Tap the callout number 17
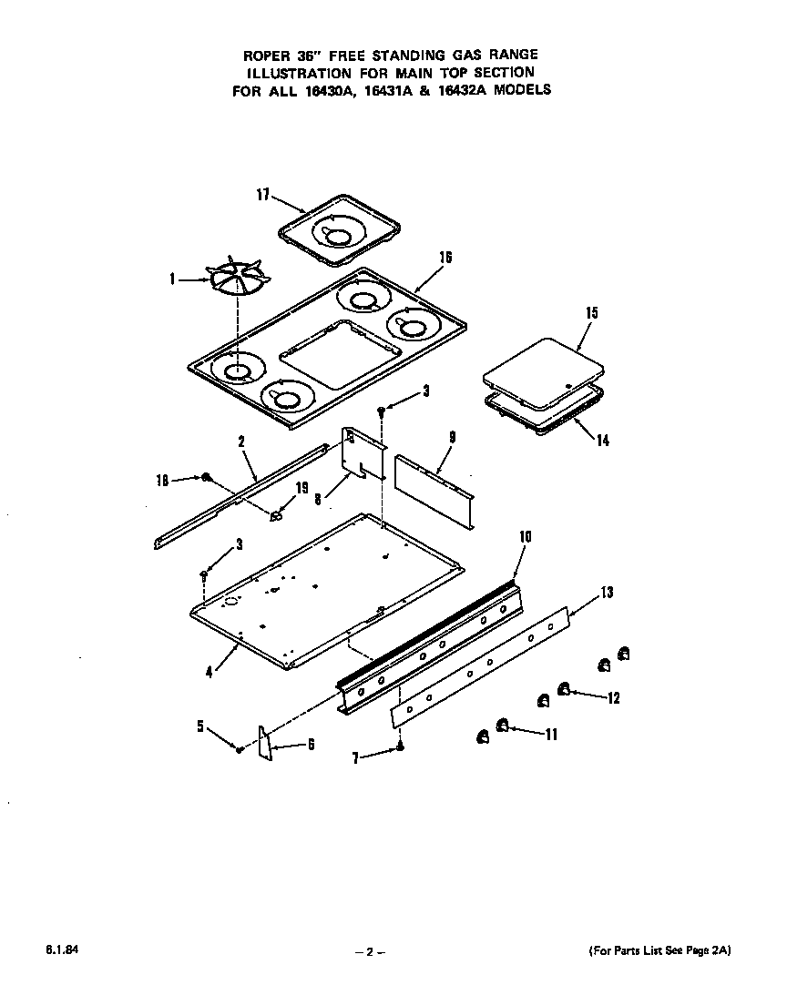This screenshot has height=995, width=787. click(x=262, y=193)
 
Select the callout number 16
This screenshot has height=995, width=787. click(x=445, y=258)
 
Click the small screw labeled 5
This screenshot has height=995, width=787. click(x=239, y=748)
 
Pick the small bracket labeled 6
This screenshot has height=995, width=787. click(x=265, y=742)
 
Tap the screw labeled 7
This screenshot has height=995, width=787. click(x=399, y=747)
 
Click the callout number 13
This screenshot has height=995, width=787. click(x=607, y=593)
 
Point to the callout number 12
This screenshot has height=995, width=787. click(x=613, y=698)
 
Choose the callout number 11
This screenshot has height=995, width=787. click(x=550, y=735)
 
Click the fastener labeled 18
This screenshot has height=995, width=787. click(x=208, y=477)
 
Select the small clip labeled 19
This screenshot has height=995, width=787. click(x=277, y=516)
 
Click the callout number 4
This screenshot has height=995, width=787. click(x=210, y=673)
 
